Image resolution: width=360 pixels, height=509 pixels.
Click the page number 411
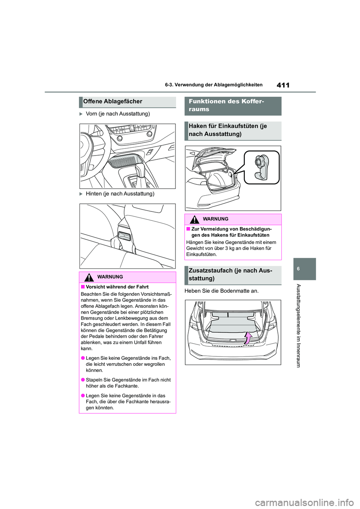coord(283,85)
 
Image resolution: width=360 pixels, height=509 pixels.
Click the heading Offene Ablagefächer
coord(113,102)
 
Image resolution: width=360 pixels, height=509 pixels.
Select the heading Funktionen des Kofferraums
coord(226,105)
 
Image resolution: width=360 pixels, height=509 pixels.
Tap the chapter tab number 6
coord(298,269)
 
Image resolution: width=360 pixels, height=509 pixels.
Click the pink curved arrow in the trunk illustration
coord(248,338)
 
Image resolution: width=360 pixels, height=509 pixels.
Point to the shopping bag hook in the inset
coord(261,167)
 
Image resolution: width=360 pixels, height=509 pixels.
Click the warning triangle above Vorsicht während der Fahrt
coord(89,277)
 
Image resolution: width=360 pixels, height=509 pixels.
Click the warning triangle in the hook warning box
coord(195,220)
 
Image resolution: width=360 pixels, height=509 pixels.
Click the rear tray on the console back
coord(124,236)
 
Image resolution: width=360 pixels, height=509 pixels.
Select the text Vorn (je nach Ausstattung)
coord(118,114)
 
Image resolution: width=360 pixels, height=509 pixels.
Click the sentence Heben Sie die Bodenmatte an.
coord(222,291)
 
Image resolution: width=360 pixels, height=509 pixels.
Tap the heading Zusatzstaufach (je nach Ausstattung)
coord(230,274)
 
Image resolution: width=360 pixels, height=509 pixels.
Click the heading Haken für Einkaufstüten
coord(228,130)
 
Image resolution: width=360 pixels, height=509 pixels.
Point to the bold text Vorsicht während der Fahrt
coord(117,287)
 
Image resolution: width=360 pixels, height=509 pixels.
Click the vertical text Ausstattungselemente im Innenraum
coord(298,325)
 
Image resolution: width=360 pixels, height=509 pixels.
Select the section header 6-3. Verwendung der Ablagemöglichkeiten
coord(214,85)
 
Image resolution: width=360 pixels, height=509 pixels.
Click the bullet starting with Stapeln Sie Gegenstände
coord(128,383)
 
